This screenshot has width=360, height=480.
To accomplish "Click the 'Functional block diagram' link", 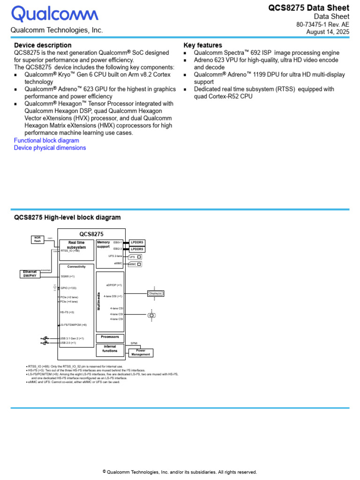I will click(x=46, y=140).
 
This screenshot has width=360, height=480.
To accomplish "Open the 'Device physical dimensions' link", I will click(x=50, y=148).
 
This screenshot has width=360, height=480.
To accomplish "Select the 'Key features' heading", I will click(x=202, y=45).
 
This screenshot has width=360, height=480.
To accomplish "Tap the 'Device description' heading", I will click(x=43, y=45).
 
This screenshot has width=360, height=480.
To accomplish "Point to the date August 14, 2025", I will click(x=328, y=32).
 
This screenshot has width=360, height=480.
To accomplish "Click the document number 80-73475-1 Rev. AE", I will click(x=322, y=24).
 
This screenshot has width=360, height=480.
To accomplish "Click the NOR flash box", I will click(x=37, y=239).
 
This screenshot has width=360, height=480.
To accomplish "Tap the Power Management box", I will click(x=141, y=352).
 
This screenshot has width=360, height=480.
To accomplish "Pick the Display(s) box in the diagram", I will click(x=156, y=293).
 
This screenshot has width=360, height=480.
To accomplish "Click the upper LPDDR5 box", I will click(x=137, y=242).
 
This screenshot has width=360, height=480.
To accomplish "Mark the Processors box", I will click(x=110, y=337).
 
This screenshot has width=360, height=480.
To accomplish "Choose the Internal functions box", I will click(x=110, y=349).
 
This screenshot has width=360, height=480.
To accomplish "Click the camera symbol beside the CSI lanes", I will click(x=151, y=315).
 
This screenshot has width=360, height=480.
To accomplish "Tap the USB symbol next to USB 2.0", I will click(x=45, y=343).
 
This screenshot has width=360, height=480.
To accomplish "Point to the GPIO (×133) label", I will click(x=68, y=288).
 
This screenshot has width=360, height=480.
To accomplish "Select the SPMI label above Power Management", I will click(x=134, y=344).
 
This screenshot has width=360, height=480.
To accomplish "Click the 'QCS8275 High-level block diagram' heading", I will click(x=67, y=217).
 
